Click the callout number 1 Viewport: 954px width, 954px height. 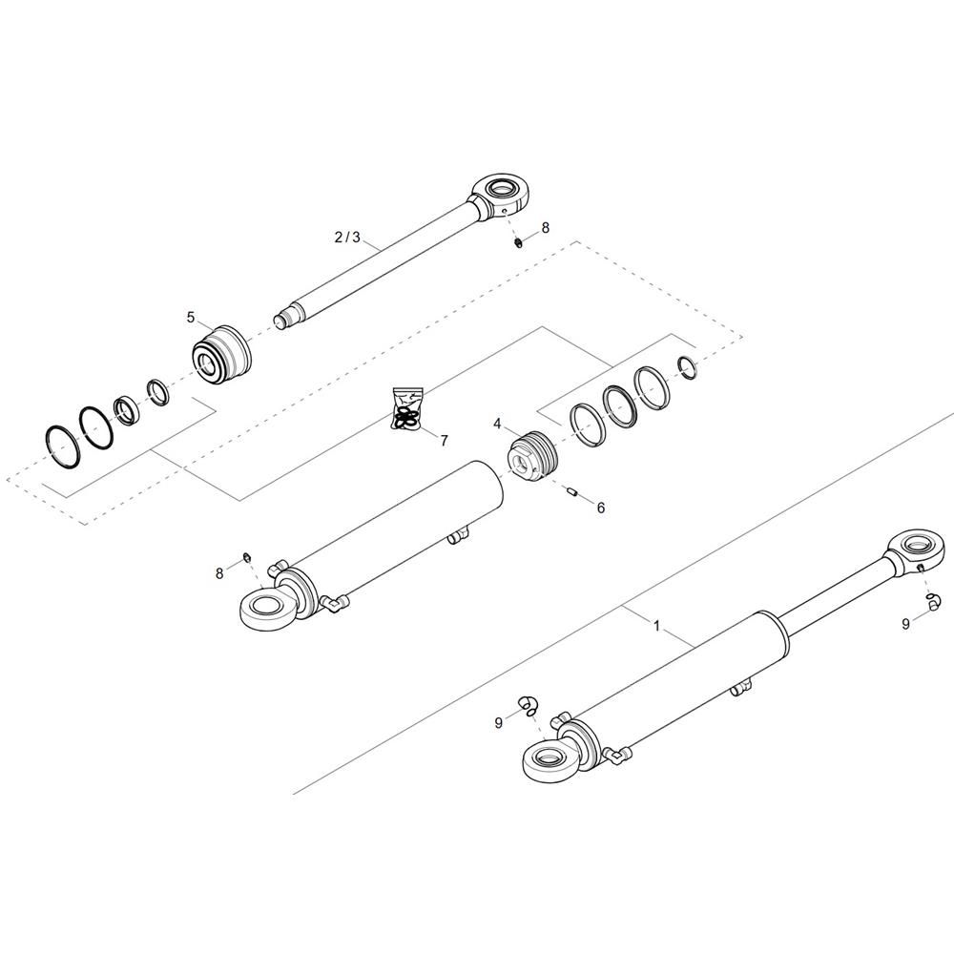(x=656, y=626)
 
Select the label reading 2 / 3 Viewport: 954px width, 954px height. (x=347, y=238)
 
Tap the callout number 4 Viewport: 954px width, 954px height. (x=497, y=425)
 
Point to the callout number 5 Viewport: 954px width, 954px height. (x=191, y=318)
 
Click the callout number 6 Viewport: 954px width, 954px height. (x=600, y=508)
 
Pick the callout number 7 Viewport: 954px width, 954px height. (x=445, y=441)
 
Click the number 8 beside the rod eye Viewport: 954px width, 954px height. (x=545, y=228)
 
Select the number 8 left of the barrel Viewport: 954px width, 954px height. (x=219, y=573)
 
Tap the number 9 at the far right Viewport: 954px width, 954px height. (x=906, y=624)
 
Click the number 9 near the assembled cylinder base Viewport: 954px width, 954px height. (x=499, y=723)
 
